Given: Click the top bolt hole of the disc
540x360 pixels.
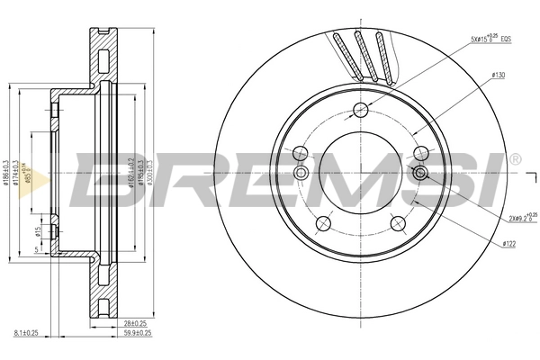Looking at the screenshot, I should click(x=361, y=110).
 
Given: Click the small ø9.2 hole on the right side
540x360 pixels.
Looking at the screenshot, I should click(x=419, y=174).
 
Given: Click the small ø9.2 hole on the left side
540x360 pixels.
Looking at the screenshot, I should click(x=302, y=173).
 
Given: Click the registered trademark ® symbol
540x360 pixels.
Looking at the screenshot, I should click(x=515, y=159).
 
